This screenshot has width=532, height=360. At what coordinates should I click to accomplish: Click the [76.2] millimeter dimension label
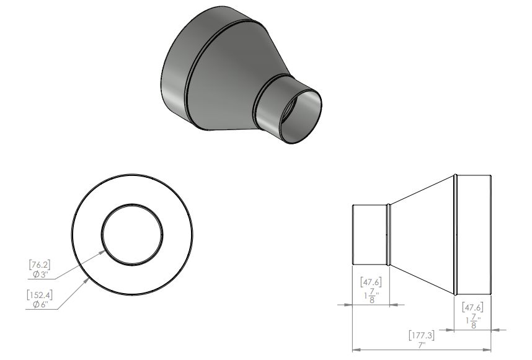point(40,265)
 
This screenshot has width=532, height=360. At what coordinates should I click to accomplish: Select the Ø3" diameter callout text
point(41,274)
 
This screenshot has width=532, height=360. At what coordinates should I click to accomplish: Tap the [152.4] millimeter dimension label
point(40,296)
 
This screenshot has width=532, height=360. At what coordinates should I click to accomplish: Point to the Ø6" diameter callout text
point(41,305)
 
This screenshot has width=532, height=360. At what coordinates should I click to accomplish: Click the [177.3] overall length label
point(422,336)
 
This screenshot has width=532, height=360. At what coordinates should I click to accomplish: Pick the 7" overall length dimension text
point(422,345)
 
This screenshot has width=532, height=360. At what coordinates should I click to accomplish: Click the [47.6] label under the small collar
point(371,282)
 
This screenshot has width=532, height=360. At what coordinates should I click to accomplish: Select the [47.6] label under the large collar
point(472,307)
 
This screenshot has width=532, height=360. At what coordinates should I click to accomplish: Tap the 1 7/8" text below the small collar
point(371,296)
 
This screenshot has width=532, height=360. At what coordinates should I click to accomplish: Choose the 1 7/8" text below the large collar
point(473,322)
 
